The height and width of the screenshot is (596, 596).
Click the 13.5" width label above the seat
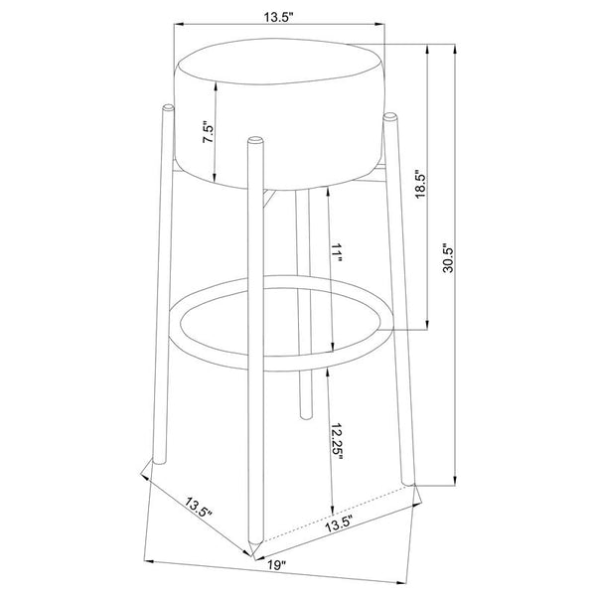(279, 17)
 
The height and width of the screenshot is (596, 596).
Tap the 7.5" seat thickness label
(210, 132)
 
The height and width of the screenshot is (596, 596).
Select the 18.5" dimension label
(420, 184)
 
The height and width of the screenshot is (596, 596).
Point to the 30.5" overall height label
(449, 257)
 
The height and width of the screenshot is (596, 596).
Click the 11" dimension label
(337, 253)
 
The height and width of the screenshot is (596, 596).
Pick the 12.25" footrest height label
(337, 441)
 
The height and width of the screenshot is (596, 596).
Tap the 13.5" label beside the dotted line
(340, 524)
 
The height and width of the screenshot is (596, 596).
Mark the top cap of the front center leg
(255, 140)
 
